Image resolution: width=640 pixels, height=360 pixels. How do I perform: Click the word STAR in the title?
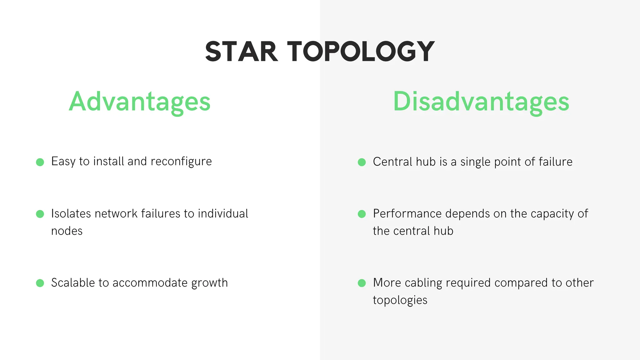241,52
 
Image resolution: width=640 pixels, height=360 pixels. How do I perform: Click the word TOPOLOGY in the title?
361,52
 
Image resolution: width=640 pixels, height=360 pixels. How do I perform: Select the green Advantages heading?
140,102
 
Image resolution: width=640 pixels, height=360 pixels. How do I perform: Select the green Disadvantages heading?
481,102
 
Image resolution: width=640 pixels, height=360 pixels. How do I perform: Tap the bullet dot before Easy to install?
40,162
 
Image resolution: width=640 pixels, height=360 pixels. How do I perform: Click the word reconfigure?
181,162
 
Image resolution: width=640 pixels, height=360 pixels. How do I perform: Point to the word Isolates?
71,214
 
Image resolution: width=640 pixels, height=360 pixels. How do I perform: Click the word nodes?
67,231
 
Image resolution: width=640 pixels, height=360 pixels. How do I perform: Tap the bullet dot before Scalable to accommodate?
40,283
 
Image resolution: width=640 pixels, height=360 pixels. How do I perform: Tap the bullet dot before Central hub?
362,162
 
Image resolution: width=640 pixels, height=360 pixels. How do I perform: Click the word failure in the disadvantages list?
555,162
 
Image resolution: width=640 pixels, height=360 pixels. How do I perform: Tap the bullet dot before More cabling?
362,283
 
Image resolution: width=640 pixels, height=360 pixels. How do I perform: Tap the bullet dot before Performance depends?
362,214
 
